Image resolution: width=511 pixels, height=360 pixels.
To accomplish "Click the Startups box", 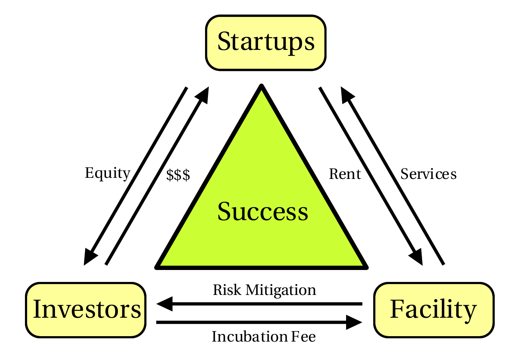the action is [266, 43].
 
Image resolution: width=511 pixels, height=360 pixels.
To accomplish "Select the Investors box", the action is [86, 310].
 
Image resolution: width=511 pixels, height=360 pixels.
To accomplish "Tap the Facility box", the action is [434, 310].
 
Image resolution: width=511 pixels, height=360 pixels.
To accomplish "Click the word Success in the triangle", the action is [263, 211].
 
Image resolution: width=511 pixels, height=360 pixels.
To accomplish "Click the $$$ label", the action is [178, 175].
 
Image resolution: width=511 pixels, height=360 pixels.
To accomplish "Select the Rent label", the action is [345, 174].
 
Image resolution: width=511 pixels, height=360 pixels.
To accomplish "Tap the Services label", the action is [429, 174].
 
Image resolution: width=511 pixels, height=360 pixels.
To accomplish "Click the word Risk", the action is [227, 290].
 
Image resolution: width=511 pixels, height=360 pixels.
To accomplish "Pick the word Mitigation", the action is [281, 291].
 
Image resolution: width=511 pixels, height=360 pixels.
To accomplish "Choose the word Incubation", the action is [250, 336].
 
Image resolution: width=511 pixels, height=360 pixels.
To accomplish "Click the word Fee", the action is [303, 337].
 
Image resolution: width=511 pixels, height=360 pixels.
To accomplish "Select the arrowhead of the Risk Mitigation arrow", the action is [164, 304].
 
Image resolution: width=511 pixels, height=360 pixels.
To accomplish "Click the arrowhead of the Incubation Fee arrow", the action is [354, 322].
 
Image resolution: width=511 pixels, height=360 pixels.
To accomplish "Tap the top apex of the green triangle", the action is [261, 86].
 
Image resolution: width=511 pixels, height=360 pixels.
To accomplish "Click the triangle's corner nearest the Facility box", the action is [367, 267].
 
